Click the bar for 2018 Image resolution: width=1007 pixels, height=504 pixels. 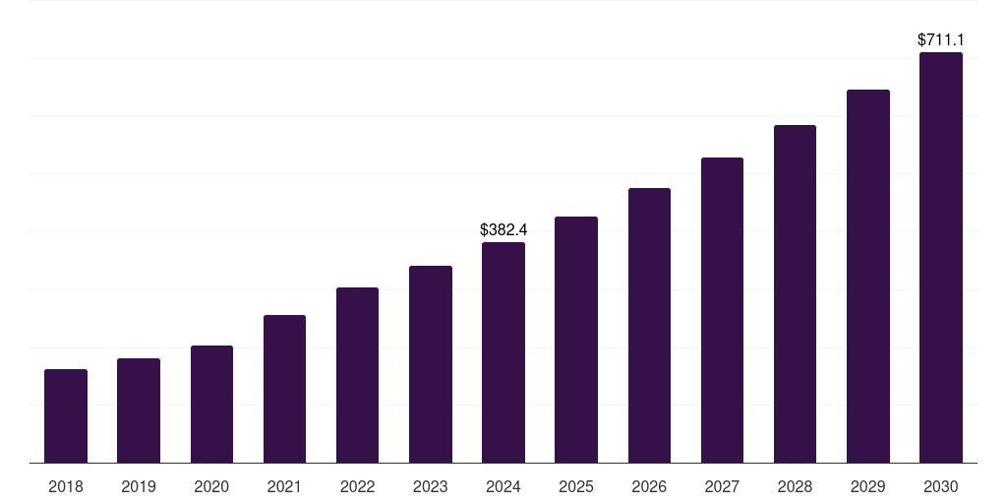(66, 415)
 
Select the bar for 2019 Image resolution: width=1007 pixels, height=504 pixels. (139, 410)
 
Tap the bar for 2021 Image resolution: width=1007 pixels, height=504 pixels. (284, 389)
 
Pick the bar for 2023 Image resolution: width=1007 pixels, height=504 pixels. (431, 364)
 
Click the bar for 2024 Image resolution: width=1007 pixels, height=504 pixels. (503, 352)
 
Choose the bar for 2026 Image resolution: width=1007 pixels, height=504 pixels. (649, 325)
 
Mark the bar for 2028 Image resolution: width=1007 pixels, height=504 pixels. (795, 293)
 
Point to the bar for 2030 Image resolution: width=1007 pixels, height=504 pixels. (940, 257)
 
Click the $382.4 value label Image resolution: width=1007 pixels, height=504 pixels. (503, 229)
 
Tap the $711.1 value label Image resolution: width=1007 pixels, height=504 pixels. (940, 40)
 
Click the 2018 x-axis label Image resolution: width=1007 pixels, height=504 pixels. (66, 486)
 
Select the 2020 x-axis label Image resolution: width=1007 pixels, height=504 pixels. (211, 486)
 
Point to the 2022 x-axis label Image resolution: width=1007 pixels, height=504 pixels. (357, 486)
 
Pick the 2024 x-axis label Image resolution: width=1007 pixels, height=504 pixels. (503, 486)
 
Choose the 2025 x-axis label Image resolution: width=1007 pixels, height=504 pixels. (576, 486)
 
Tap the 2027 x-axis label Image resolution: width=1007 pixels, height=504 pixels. (722, 486)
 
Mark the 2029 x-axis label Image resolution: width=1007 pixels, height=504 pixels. (867, 486)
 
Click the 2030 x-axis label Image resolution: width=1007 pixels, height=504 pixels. (940, 486)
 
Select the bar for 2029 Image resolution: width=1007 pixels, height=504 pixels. (867, 276)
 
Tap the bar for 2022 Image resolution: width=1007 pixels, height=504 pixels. (357, 375)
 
